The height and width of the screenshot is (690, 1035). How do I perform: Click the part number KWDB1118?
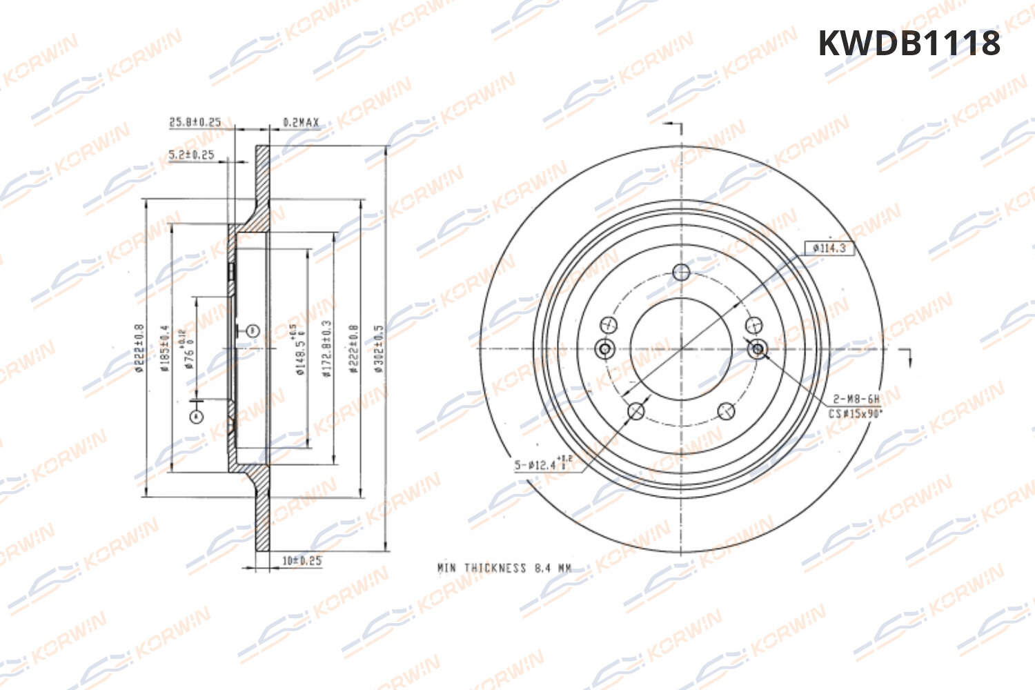pos(909,43)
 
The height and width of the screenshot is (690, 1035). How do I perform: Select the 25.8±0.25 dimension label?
pos(195,122)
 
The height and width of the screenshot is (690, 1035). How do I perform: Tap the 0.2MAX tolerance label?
pos(301,123)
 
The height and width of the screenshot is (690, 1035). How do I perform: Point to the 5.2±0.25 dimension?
pos(191,155)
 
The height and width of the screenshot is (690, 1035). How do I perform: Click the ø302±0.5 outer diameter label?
pos(378,348)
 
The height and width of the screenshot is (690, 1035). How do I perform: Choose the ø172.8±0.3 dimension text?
pos(327,348)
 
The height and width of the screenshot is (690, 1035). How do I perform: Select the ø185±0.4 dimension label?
pos(164,348)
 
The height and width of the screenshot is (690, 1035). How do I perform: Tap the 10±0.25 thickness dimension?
pos(302,560)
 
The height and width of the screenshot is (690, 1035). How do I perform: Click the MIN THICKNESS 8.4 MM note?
pos(504,568)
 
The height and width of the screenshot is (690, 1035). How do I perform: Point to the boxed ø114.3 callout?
pos(829,248)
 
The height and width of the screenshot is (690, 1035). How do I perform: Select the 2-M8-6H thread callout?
pos(856,399)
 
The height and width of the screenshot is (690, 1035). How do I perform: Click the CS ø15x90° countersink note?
pos(856,414)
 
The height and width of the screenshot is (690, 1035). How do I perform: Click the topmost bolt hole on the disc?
pos(682,272)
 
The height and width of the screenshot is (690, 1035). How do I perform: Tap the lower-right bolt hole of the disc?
pos(726,411)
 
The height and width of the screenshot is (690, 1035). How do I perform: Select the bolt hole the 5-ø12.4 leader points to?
pos(636,412)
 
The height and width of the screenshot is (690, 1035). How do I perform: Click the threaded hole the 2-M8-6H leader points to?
pos(758,349)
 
